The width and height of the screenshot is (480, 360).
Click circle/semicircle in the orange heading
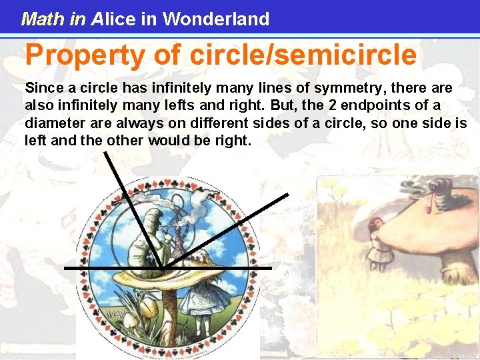tap(303, 55)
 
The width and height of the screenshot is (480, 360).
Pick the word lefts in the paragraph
tap(151, 106)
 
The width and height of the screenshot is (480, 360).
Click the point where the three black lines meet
tap(162, 267)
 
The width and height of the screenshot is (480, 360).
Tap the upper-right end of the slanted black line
tap(287, 195)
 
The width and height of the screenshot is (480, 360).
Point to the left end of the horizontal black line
tap(65, 267)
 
